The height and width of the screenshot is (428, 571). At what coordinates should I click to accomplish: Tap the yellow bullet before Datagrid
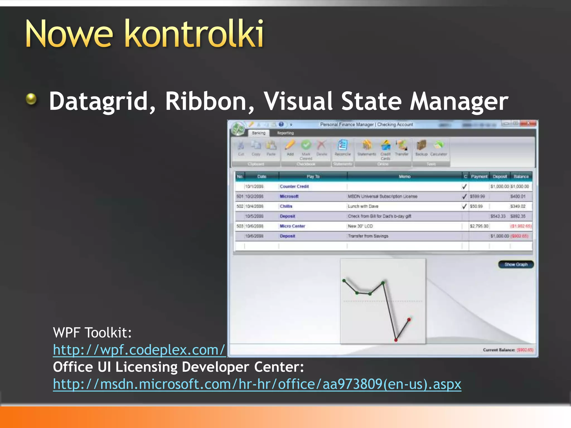[x=31, y=99]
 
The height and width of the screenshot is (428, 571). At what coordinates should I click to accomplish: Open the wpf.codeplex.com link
[x=139, y=350]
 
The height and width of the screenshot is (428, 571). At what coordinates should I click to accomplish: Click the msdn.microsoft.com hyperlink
[x=257, y=384]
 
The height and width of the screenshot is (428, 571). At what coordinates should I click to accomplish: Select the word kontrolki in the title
[x=195, y=34]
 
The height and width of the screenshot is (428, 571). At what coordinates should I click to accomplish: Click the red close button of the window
[x=528, y=123]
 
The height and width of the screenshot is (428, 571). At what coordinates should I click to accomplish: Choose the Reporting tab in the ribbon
[x=285, y=133]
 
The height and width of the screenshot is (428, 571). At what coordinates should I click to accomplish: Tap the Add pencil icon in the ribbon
[x=290, y=145]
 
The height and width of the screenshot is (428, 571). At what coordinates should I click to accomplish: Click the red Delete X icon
[x=321, y=145]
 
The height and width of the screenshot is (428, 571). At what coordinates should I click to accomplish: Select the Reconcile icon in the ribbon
[x=342, y=145]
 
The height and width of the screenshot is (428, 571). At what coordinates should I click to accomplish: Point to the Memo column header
[x=404, y=177]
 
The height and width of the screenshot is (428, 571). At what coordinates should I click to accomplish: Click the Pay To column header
[x=313, y=177]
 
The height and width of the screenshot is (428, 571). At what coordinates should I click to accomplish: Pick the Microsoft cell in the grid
[x=289, y=196]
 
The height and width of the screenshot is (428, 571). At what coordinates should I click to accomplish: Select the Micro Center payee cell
[x=292, y=226]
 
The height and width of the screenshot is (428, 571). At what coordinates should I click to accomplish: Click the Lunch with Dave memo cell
[x=363, y=206]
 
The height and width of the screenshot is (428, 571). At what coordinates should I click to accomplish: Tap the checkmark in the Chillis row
[x=464, y=206]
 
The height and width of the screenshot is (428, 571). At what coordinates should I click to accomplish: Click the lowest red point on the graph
[x=396, y=340]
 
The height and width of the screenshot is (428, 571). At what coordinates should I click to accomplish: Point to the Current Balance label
[x=499, y=350]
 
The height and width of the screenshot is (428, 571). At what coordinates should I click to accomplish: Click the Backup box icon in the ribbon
[x=421, y=145]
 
